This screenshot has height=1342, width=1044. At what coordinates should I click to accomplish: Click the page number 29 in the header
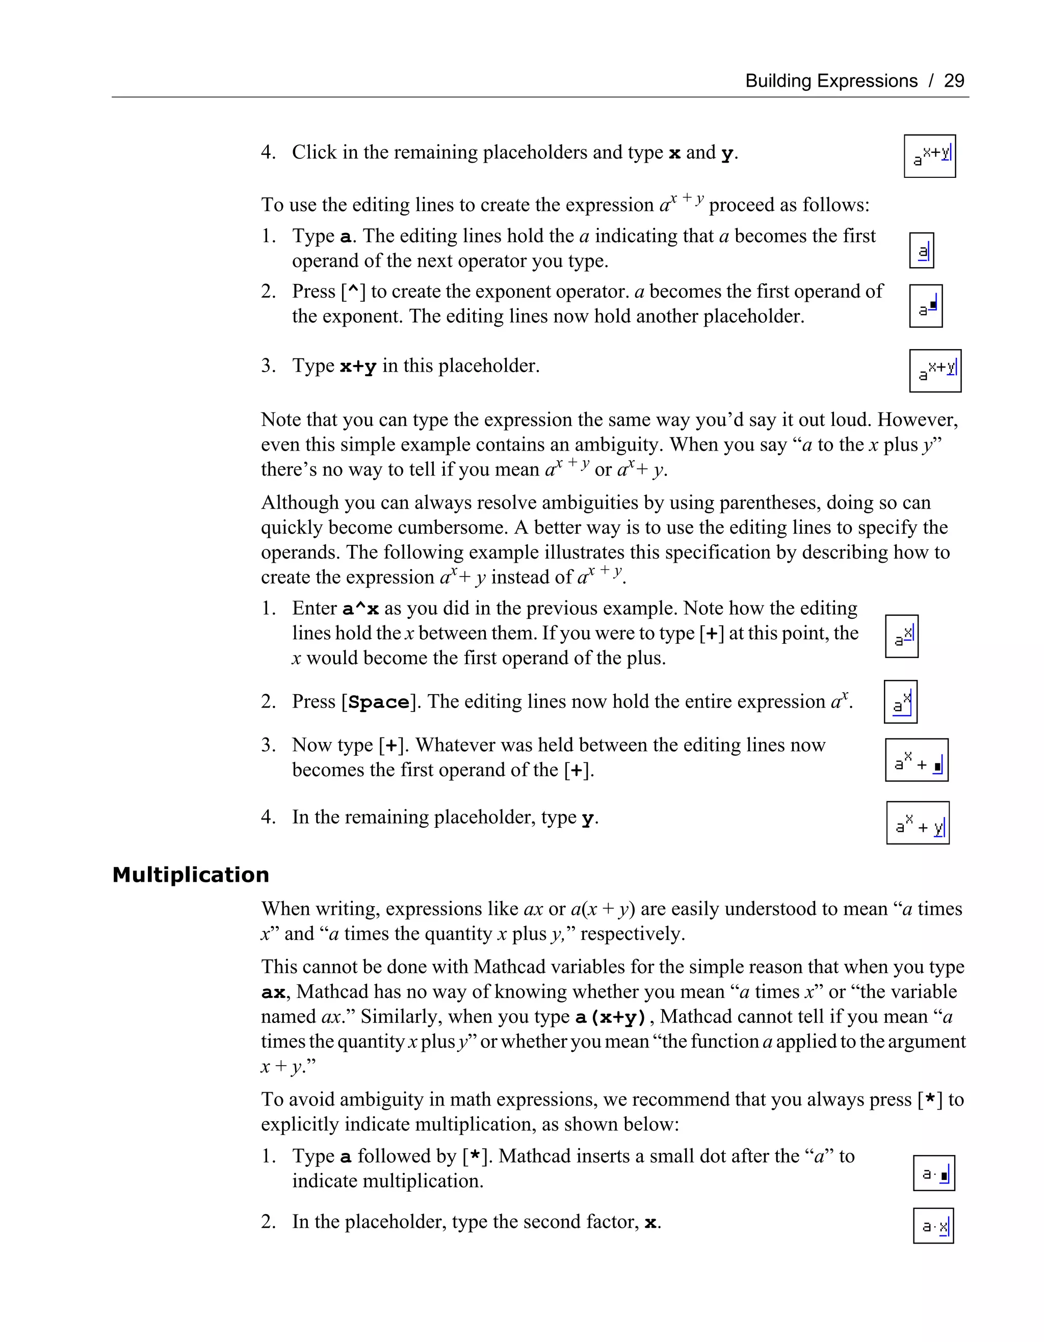click(954, 81)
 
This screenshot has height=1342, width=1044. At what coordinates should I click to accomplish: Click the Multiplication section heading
click(191, 875)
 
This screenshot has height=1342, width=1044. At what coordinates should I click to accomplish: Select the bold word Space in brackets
click(379, 702)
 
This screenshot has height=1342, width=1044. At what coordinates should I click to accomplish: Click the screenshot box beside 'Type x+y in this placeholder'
click(934, 371)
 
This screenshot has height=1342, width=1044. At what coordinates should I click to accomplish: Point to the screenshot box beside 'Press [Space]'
click(900, 702)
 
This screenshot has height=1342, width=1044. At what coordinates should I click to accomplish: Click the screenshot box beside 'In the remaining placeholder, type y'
click(918, 823)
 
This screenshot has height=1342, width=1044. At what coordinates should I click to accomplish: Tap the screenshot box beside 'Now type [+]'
click(916, 760)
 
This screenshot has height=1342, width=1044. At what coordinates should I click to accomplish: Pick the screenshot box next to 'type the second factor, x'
click(933, 1226)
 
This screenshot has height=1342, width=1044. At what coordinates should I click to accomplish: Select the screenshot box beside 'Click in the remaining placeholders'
click(929, 156)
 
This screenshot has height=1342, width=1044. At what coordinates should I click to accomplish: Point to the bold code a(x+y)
click(610, 1017)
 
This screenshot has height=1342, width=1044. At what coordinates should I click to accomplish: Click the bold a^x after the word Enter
click(360, 609)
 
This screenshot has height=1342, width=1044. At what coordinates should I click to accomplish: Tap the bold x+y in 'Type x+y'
click(358, 367)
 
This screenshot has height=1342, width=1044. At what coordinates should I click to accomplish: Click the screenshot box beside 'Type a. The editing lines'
click(921, 251)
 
